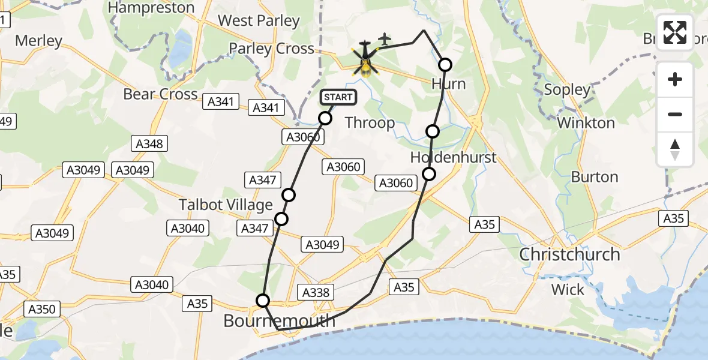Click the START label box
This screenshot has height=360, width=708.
(x=338, y=97)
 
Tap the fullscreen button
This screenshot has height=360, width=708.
(x=675, y=32)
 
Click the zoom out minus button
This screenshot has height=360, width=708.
(x=675, y=114)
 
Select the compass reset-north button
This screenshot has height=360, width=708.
(x=675, y=149)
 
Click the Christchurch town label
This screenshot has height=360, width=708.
(x=569, y=254)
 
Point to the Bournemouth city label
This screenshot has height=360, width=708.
(x=279, y=321)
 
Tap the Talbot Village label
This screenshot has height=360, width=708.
(x=226, y=205)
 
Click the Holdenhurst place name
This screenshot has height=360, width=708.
(x=454, y=158)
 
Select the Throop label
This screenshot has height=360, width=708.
(x=370, y=123)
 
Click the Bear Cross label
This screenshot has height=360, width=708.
(x=160, y=94)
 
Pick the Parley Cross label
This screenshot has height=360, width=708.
(x=272, y=49)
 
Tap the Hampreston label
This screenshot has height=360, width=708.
(x=151, y=8)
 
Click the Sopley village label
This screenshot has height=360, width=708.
(x=567, y=90)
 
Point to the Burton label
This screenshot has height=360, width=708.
(x=594, y=177)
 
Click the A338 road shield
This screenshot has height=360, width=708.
(x=315, y=292)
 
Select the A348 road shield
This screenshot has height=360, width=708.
(x=149, y=143)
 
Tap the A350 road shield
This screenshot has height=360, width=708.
(x=41, y=310)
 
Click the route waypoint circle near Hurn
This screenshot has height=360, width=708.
(x=445, y=65)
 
